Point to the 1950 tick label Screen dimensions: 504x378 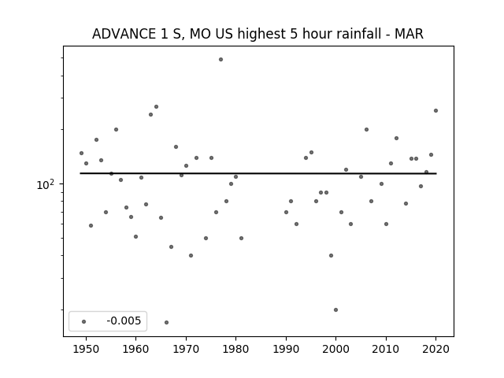tap(86, 349)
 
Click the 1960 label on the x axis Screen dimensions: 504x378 tap(135, 349)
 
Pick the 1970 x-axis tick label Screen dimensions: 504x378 tap(186, 349)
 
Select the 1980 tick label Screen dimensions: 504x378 tap(235, 349)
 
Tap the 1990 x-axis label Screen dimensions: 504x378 tap(286, 349)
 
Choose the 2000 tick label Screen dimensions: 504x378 tap(336, 349)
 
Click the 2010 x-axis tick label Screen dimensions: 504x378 tap(386, 349)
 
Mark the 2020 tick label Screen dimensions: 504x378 tap(435, 349)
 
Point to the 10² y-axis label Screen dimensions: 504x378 tap(46, 184)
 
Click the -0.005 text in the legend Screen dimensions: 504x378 tap(124, 321)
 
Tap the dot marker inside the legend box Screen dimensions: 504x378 tap(83, 321)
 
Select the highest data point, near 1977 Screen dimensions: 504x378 tap(220, 60)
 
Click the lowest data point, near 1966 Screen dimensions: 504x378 tap(166, 322)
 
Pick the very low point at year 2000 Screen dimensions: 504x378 tap(336, 309)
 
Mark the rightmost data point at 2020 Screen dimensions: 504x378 tap(435, 110)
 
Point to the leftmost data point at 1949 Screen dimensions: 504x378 tap(81, 153)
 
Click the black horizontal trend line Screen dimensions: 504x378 tap(258, 173)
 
